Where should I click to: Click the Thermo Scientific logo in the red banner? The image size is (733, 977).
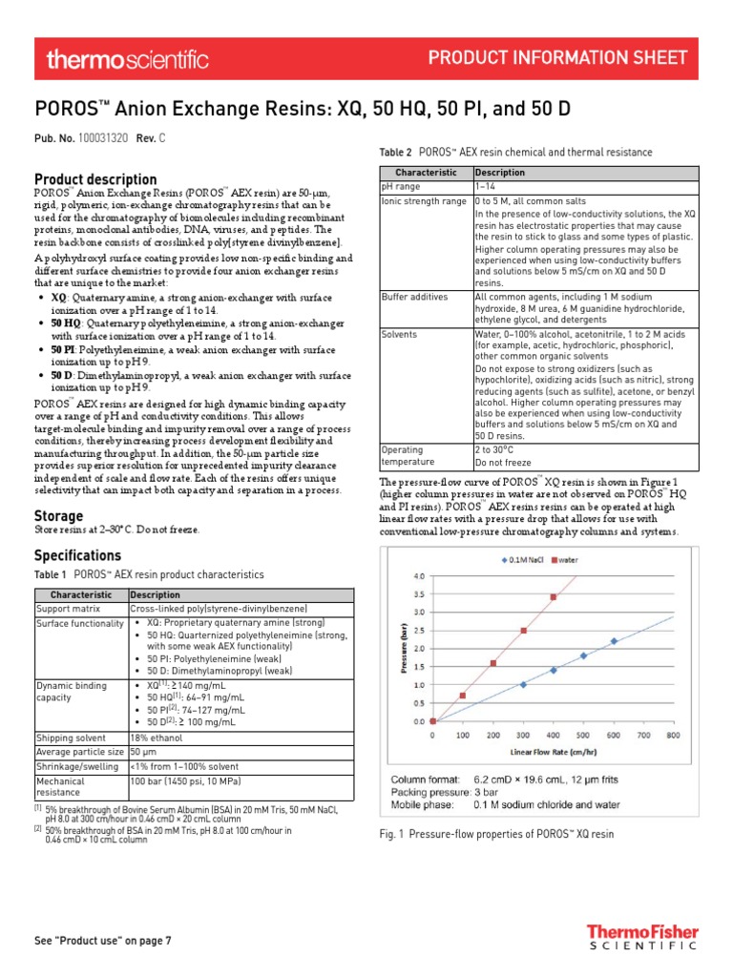coord(127,60)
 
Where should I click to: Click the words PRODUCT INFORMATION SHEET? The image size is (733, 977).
coord(557,58)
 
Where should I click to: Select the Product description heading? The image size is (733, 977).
coord(95,179)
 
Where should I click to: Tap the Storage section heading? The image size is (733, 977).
coord(58,516)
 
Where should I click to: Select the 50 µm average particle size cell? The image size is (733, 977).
coord(142,752)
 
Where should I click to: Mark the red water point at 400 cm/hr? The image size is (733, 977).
coord(554,597)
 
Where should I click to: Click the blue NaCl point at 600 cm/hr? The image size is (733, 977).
coord(614,641)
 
